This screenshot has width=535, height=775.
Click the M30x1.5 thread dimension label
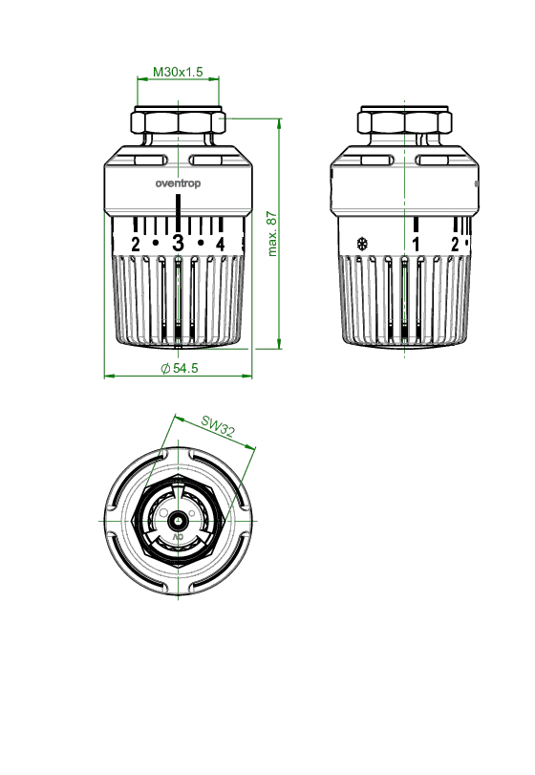(x=178, y=72)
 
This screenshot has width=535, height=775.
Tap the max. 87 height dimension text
(x=272, y=234)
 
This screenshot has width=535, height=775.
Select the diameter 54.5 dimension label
(x=180, y=368)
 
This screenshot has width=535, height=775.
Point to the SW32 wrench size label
(x=218, y=426)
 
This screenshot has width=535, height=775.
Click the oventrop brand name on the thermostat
(x=178, y=183)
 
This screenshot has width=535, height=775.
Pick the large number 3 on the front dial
(x=178, y=243)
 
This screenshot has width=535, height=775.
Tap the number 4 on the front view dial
(x=221, y=245)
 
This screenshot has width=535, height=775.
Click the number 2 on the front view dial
(x=136, y=245)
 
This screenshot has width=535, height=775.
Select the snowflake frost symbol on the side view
(x=363, y=244)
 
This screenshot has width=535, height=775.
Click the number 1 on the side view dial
(x=416, y=245)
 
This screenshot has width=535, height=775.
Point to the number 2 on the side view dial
(x=455, y=245)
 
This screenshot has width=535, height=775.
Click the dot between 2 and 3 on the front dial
(x=156, y=243)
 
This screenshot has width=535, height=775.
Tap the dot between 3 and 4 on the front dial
(x=201, y=243)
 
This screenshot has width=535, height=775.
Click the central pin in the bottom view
(x=178, y=521)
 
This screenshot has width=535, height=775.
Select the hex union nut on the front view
(x=178, y=122)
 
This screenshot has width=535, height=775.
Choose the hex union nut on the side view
(x=404, y=122)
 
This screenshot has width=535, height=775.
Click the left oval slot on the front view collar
(x=149, y=161)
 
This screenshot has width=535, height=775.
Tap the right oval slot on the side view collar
(x=432, y=161)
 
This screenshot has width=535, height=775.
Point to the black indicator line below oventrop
(x=178, y=212)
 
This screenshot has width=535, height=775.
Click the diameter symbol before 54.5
(x=165, y=369)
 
